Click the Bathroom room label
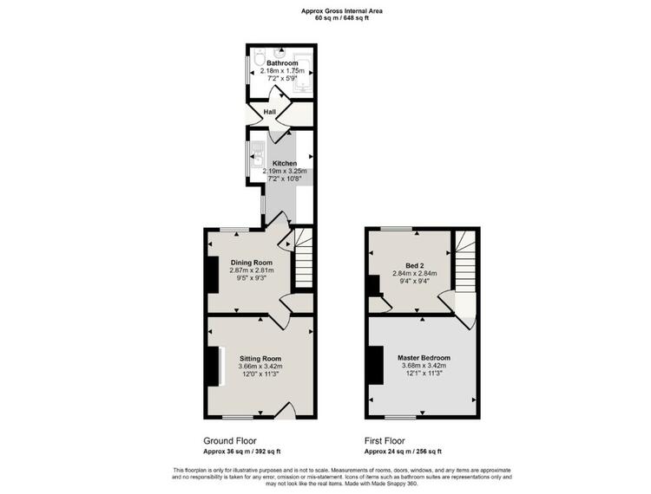click(282, 63)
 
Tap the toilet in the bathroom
click(260, 57)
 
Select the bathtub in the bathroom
click(302, 73)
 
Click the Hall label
click(270, 112)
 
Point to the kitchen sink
click(258, 153)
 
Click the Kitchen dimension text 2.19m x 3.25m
click(285, 171)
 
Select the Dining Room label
click(252, 263)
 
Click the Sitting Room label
click(260, 359)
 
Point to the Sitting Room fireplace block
click(213, 367)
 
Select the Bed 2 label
click(414, 266)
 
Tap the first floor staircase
click(465, 262)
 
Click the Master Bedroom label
click(424, 358)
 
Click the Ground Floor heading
click(230, 441)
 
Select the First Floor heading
click(385, 441)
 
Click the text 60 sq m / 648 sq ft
click(342, 18)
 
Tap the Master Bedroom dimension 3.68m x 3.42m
click(424, 366)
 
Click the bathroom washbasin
click(279, 53)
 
